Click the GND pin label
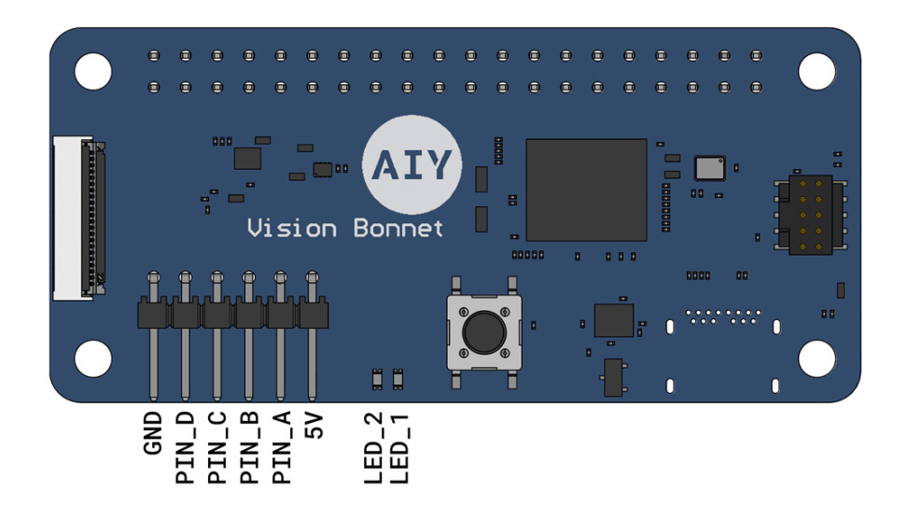(152, 433)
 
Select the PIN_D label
(185, 448)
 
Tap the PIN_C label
(217, 448)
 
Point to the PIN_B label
(248, 448)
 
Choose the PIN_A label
(281, 448)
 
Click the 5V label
(314, 425)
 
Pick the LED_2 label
(373, 448)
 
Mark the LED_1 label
(400, 448)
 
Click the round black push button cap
(484, 332)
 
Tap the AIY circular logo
(412, 164)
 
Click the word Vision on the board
(292, 228)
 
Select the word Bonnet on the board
(398, 228)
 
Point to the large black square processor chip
(586, 190)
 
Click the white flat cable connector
(78, 218)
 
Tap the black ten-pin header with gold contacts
(811, 215)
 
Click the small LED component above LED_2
(377, 379)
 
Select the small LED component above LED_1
(398, 379)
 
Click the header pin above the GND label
(153, 336)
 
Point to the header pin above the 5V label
(312, 336)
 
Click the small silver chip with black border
(709, 168)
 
